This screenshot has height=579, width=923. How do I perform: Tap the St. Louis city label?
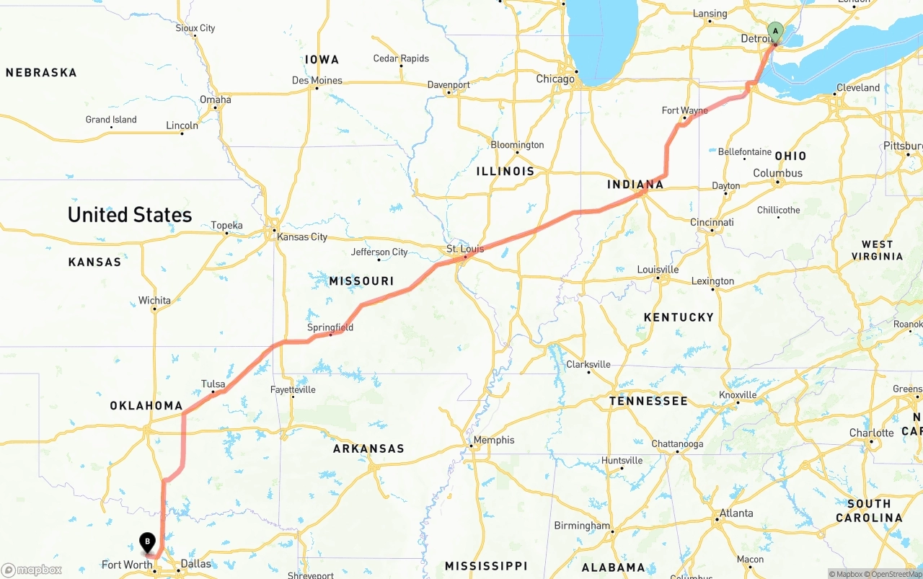point(465,249)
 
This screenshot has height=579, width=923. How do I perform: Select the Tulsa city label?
point(213,384)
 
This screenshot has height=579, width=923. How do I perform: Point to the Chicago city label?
point(555,79)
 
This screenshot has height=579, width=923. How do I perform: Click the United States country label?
point(130,215)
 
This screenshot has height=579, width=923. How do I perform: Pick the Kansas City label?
point(302,237)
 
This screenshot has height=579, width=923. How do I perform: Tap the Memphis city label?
point(494,440)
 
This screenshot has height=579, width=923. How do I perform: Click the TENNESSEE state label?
point(648,401)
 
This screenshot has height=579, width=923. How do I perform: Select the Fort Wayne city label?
point(684,110)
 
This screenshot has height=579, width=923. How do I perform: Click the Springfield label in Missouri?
point(330,327)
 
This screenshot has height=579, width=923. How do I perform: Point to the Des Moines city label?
point(317,80)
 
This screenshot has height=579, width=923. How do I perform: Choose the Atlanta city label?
point(736,513)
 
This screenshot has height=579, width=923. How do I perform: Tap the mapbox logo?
point(32,570)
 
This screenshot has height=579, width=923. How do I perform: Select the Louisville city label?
point(658,269)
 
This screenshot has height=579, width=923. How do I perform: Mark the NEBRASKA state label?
point(41,73)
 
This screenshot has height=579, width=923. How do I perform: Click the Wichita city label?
point(154,300)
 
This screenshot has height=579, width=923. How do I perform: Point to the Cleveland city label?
point(858,88)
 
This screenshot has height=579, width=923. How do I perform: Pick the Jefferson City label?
point(379,252)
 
